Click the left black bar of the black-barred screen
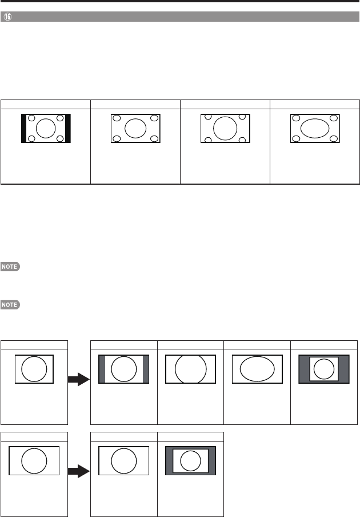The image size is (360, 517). point(24,128)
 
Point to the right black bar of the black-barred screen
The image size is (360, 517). point(67,128)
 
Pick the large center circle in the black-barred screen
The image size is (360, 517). point(46,128)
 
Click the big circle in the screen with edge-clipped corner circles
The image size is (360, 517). point(225,128)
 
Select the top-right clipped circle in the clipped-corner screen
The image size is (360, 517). point(243,118)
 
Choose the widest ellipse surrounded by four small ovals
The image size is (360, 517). point(314,128)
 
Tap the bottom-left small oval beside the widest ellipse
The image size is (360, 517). point(297,138)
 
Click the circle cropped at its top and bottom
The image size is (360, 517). point(190,369)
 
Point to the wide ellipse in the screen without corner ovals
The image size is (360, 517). point(258,369)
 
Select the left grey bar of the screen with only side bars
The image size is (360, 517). point(102,369)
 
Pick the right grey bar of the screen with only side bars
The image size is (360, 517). point(146,369)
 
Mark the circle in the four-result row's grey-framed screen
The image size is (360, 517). point(324,369)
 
